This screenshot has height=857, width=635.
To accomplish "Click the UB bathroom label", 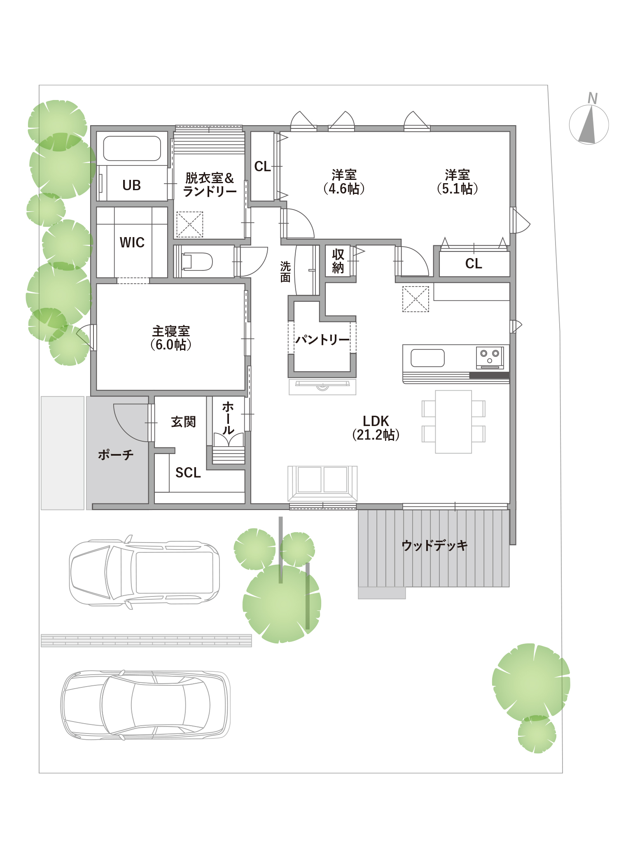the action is point(132,185).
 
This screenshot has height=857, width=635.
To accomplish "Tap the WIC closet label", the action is point(132,242).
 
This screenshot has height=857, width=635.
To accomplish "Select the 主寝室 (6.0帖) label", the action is point(171,338).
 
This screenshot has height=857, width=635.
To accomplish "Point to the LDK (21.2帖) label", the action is point(376,428).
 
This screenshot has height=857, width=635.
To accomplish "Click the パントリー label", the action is point(322,340).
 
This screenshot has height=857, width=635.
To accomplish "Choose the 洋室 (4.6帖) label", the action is point(344,182).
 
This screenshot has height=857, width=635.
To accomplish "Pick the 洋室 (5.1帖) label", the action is point(458,182).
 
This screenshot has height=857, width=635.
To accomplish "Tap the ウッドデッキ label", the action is point(434,545).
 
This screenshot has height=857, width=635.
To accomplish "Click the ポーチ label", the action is point(116,454).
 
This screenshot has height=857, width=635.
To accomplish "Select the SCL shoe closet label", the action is point(188,473).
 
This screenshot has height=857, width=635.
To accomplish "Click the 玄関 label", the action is point(184,422).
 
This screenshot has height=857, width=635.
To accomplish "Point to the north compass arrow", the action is point(588,124).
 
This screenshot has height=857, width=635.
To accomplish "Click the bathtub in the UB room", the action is point(132,148).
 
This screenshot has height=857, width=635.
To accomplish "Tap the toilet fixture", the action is point(197,262).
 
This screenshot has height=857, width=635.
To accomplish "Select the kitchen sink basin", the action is point(427,358).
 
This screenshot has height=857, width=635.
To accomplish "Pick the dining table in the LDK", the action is point(453,422).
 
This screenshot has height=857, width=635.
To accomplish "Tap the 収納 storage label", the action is point(338,261).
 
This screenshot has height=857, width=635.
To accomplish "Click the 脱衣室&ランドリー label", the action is point(210,184).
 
